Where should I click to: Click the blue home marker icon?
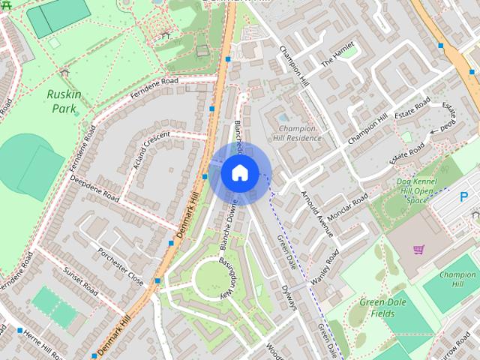click(x=238, y=172)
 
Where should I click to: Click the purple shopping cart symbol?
click(x=418, y=249)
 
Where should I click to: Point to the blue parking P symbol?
click(x=463, y=197)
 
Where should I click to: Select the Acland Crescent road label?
click(x=151, y=150)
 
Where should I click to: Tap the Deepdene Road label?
click(x=95, y=189)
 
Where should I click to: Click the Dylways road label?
click(x=289, y=295)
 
